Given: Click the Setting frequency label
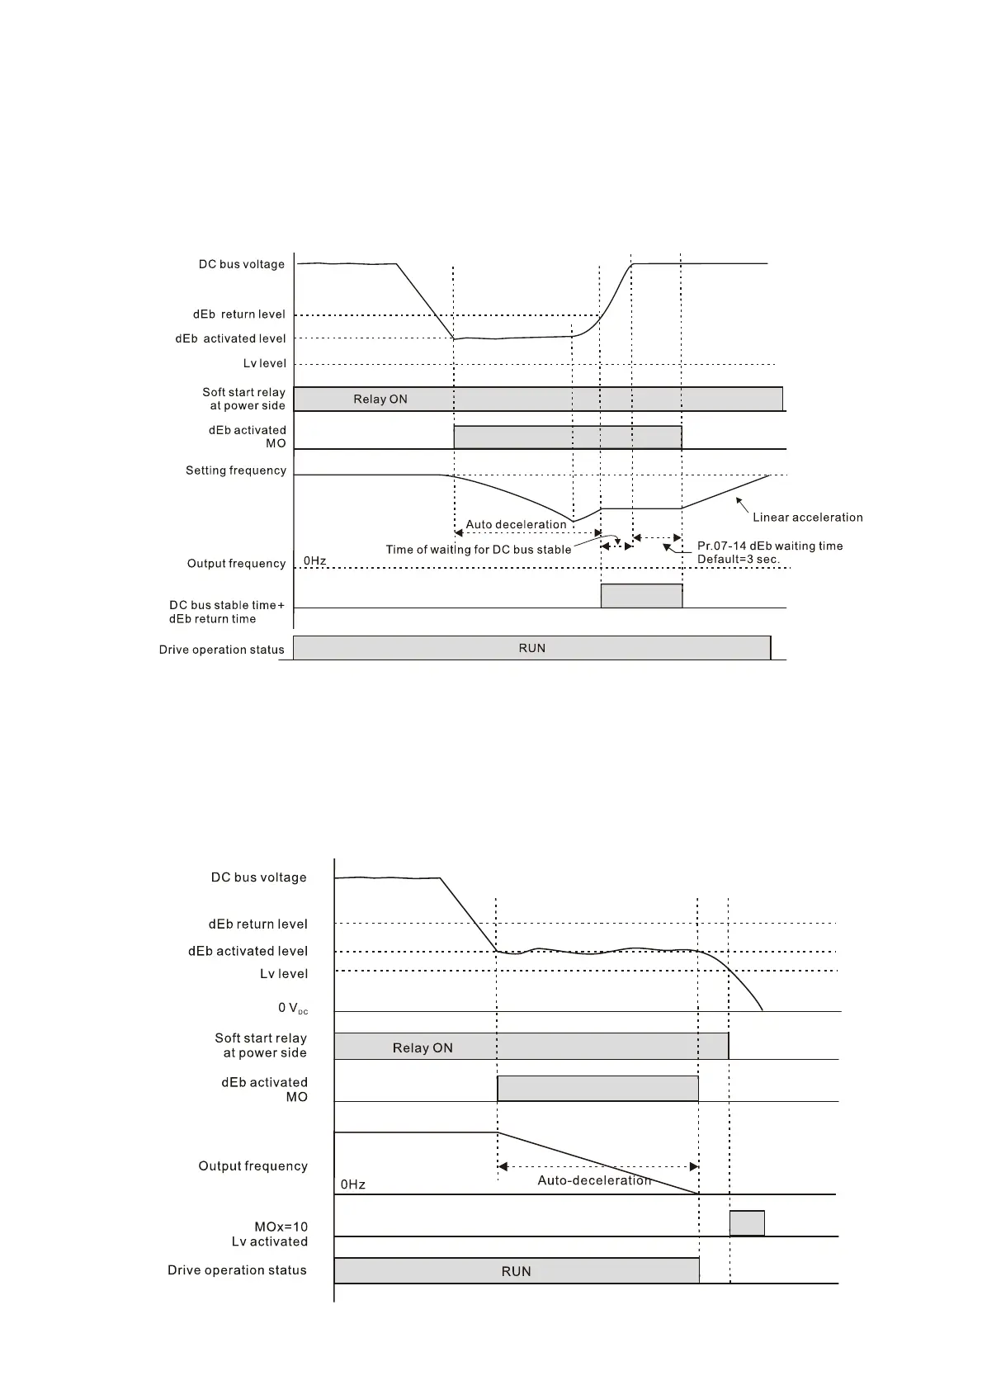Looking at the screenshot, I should coord(235,470).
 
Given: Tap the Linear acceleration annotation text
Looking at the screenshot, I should coord(807,518).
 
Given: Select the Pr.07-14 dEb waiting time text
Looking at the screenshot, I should coord(770,546).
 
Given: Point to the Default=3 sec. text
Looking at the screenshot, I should coord(738,559).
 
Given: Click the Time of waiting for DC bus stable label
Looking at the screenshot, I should coord(478,550).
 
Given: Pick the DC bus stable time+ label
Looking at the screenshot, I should coord(227,605).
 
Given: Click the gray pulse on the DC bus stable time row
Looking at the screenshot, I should coord(641,596).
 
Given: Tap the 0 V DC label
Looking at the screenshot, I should coord(292,1008).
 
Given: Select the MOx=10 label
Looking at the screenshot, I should coord(281,1227).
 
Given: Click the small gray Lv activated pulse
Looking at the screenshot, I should coord(747,1222).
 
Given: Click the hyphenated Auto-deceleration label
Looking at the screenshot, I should coord(594,1180).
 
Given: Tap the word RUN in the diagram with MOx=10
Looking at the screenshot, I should coord(516,1271).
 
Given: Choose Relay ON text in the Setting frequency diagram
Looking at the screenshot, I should coord(380,400).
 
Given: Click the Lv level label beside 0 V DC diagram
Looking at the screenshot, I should coord(284,974).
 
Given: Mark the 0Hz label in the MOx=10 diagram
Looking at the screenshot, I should coord(353,1184).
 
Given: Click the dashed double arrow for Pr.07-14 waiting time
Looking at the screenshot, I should coord(657,538).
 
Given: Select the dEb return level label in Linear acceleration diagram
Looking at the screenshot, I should coord(238,314).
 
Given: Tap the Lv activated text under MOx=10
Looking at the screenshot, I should coord(269,1241).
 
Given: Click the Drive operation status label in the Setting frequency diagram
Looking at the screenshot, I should coord(221,650).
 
